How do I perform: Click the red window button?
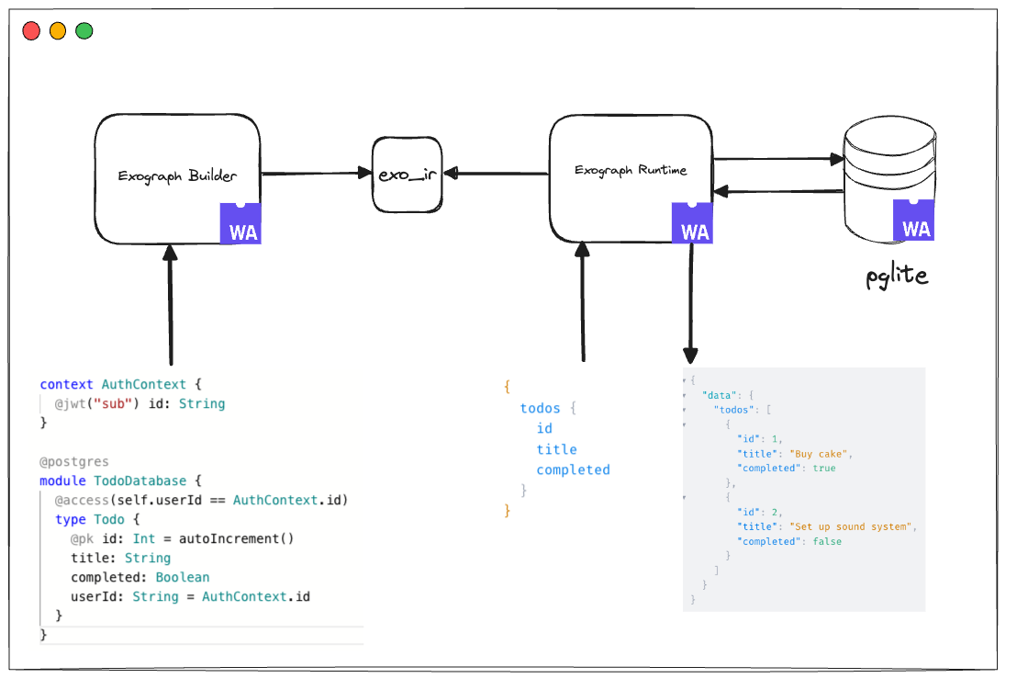31,31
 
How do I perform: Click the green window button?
84,31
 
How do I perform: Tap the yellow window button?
58,31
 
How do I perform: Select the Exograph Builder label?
177,176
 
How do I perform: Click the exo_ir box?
407,174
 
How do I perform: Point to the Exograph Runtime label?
631,170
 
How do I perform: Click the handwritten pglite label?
897,276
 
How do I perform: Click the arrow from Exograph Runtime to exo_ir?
496,173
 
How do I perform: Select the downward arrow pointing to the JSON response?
690,303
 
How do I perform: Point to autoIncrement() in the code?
237,538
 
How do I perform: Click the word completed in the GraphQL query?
573,469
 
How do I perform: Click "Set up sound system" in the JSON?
852,526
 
